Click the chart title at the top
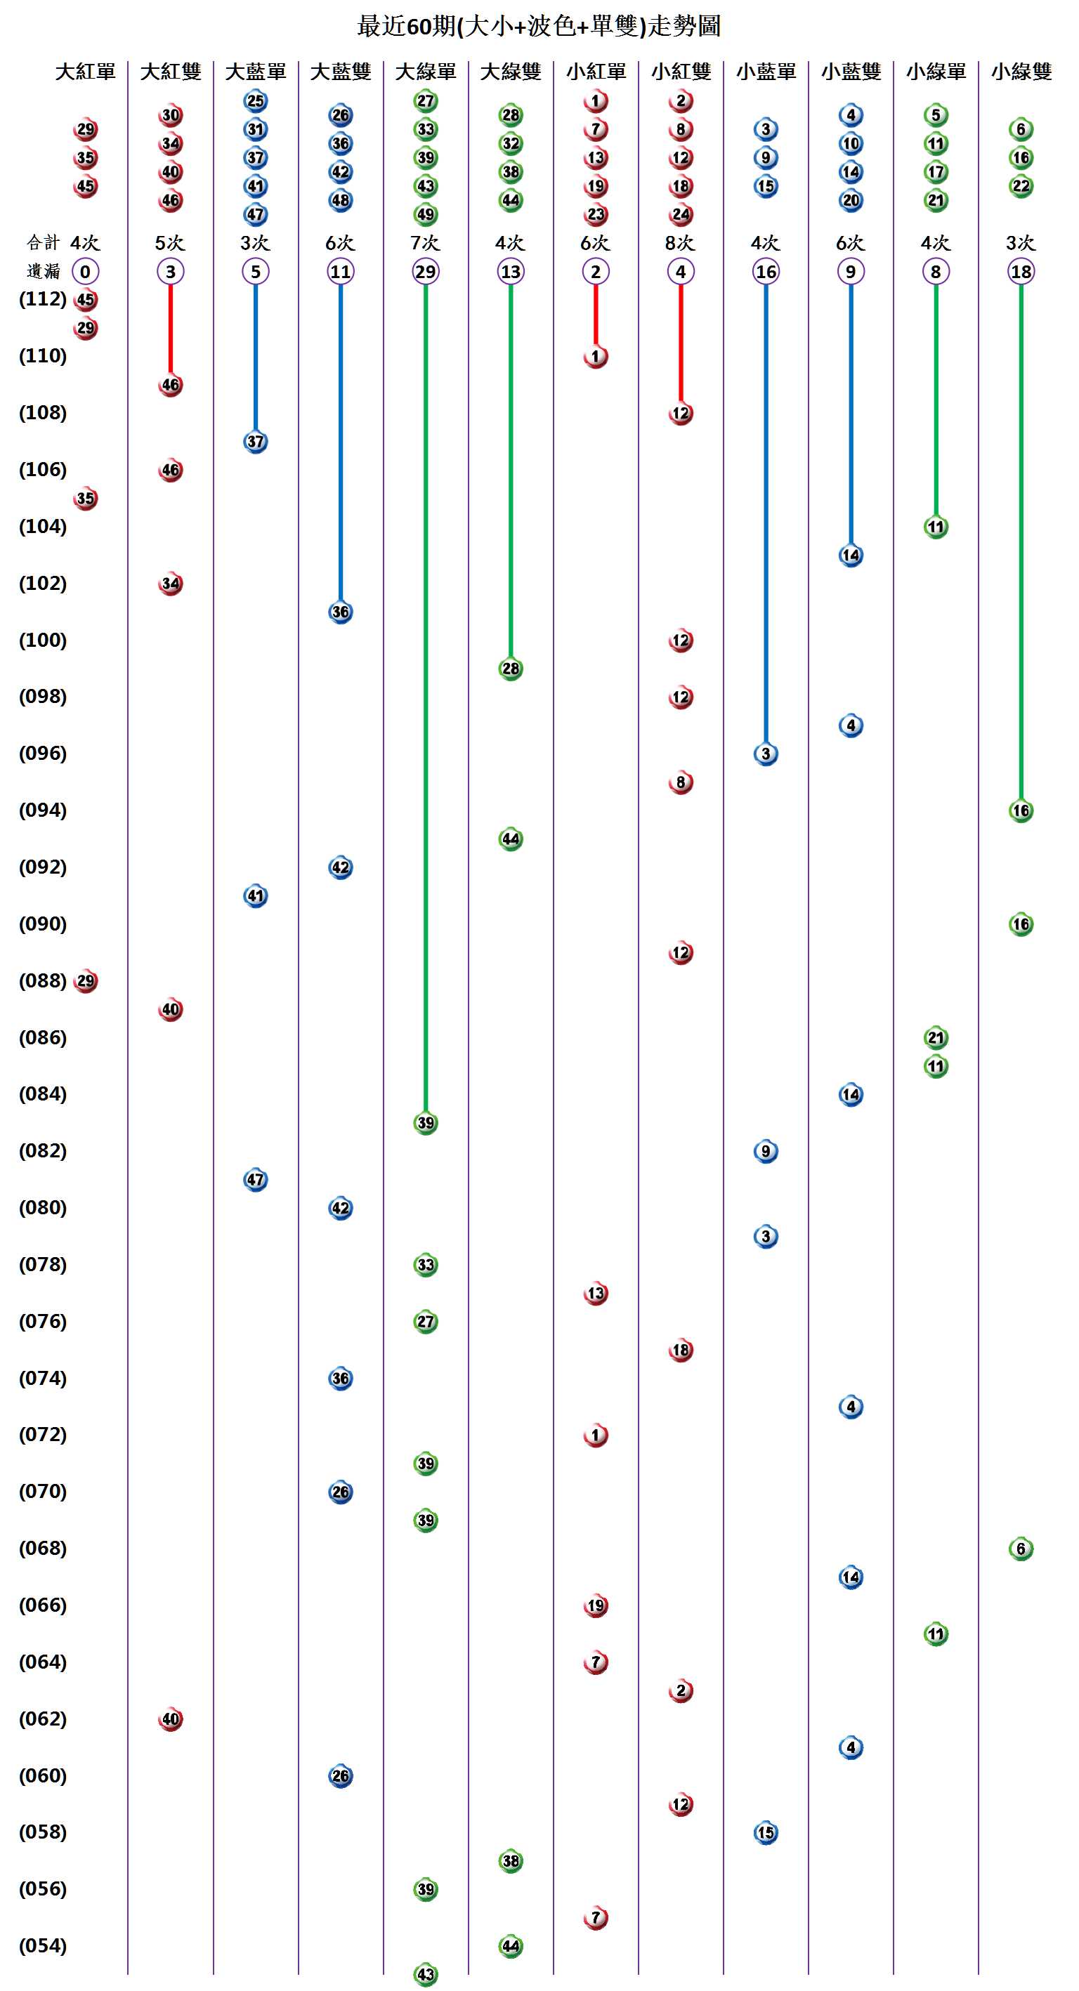tap(539, 26)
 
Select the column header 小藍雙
tap(850, 72)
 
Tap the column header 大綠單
tap(425, 72)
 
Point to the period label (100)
tap(43, 640)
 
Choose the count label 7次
tap(425, 243)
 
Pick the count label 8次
tap(680, 243)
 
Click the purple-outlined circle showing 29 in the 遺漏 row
tap(425, 271)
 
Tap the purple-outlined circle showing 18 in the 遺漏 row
tap(1020, 271)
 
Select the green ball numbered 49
tap(425, 214)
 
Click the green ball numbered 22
tap(1020, 186)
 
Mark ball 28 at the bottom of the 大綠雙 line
tap(510, 669)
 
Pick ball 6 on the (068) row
tap(1020, 1548)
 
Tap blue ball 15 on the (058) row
tap(765, 1832)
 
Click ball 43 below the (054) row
tap(425, 1975)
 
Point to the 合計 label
tap(43, 243)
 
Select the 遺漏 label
tap(43, 271)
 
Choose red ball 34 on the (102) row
tap(170, 584)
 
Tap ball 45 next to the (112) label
tap(85, 300)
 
